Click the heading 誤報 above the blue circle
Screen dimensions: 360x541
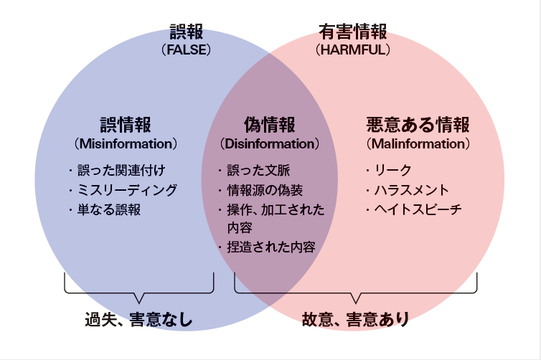click(187, 32)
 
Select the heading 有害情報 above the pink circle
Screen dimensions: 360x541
click(353, 32)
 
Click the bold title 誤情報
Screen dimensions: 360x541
click(126, 125)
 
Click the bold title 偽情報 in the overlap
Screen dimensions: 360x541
click(269, 125)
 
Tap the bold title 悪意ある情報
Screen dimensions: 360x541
click(418, 125)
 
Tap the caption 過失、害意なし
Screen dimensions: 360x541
click(138, 319)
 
